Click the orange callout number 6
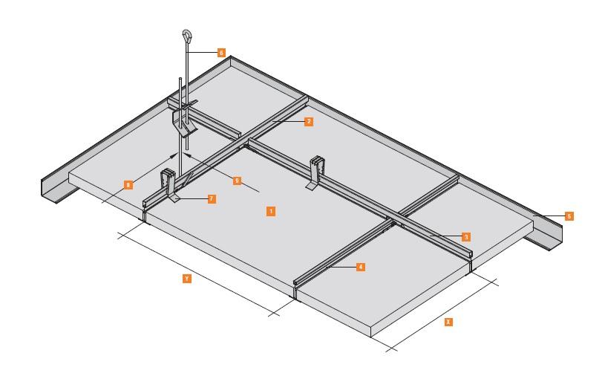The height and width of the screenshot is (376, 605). click(x=221, y=53)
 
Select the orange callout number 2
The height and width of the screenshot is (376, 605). click(x=308, y=120)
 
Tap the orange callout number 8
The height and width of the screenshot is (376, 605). click(x=128, y=184)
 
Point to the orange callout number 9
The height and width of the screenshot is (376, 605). click(x=237, y=181)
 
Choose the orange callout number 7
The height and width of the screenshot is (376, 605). click(x=212, y=199)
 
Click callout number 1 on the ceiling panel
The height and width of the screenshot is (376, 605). click(x=271, y=211)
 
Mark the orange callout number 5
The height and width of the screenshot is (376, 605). click(x=569, y=216)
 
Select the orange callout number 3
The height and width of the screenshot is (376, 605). click(x=465, y=237)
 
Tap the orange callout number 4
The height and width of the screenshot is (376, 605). click(x=360, y=266)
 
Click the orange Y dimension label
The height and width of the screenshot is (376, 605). click(x=186, y=278)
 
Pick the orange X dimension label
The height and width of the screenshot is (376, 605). click(x=447, y=322)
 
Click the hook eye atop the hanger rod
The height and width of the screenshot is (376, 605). click(x=186, y=35)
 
